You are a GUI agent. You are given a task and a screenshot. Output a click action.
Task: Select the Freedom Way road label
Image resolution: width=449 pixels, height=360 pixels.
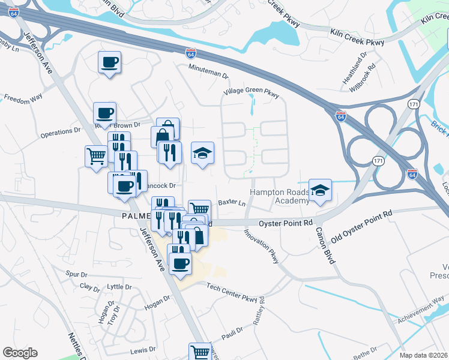(23, 97)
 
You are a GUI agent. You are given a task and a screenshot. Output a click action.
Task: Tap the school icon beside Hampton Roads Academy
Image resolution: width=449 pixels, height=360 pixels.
(320, 191)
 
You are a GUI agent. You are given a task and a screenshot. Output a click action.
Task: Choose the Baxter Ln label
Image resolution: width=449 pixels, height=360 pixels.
(232, 203)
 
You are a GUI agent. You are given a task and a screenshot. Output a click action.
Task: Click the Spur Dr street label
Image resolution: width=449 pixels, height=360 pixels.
(76, 274)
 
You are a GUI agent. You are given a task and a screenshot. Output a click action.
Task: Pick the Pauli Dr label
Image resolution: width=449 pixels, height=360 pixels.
(232, 331)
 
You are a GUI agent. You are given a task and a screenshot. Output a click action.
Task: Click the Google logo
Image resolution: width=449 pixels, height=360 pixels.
(20, 353)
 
